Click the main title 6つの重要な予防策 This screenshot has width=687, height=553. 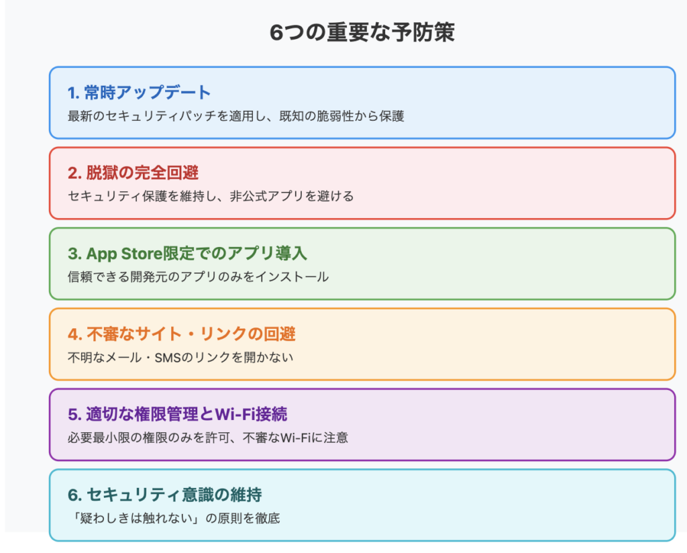[x=362, y=32]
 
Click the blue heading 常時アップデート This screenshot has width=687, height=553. [x=148, y=93]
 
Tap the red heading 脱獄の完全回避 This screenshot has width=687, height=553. [x=142, y=172]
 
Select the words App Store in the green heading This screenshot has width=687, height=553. [x=124, y=254]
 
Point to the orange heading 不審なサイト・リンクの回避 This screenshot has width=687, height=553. [x=191, y=334]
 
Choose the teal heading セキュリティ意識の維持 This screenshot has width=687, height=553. [x=174, y=495]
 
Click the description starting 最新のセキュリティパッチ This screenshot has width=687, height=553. [x=235, y=116]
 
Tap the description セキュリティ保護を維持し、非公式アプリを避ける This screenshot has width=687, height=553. [x=211, y=196]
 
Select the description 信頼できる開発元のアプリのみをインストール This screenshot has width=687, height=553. [x=198, y=277]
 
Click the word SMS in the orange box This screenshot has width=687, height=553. [x=168, y=358]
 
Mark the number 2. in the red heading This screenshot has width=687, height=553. [x=74, y=173]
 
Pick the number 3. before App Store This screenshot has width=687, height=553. [x=74, y=254]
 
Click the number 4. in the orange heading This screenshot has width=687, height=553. [x=75, y=334]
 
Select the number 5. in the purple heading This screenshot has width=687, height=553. [x=74, y=415]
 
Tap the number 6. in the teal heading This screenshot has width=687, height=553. [x=74, y=495]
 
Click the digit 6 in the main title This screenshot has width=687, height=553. [x=276, y=33]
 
